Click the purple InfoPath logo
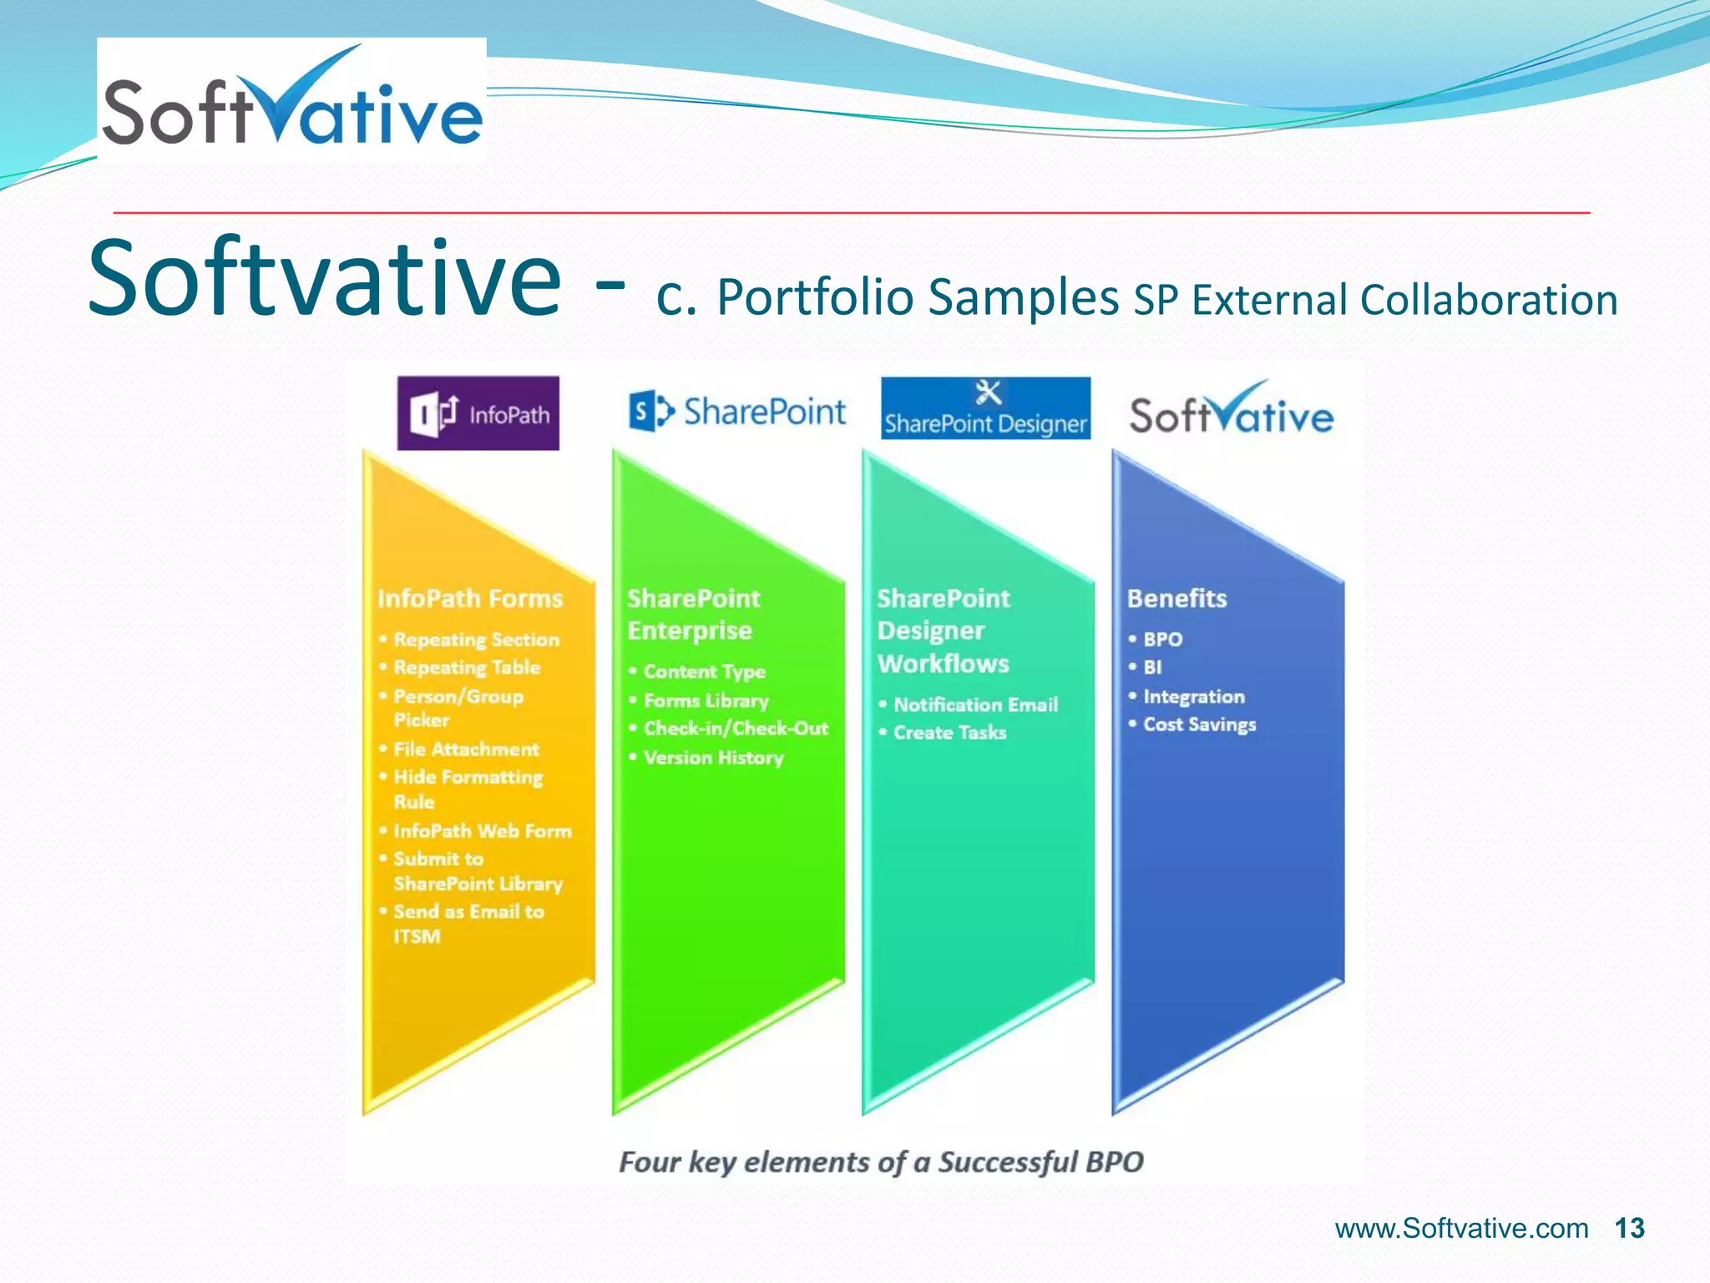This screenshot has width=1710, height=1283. pyautogui.click(x=478, y=413)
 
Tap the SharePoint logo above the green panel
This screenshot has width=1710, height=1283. pyautogui.click(x=736, y=411)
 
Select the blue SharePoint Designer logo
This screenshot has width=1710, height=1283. pyautogui.click(x=985, y=408)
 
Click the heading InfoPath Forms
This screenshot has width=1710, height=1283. pyautogui.click(x=469, y=599)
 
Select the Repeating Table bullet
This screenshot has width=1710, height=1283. pyautogui.click(x=467, y=667)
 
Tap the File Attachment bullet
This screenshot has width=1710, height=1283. pyautogui.click(x=466, y=749)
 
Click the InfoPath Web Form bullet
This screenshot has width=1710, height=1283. pyautogui.click(x=482, y=831)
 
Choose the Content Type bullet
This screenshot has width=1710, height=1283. pyautogui.click(x=704, y=672)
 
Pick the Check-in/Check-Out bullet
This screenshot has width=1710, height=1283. pyautogui.click(x=735, y=728)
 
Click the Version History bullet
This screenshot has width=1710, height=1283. pyautogui.click(x=713, y=758)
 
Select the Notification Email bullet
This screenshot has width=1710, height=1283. pyautogui.click(x=974, y=705)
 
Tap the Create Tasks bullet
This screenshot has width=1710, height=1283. pyautogui.click(x=949, y=733)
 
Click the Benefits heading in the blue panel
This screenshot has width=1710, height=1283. pyautogui.click(x=1176, y=599)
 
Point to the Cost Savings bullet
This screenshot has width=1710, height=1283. pyautogui.click(x=1199, y=725)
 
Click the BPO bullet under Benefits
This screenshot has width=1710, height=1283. pyautogui.click(x=1162, y=640)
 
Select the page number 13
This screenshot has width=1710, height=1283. pyautogui.click(x=1629, y=1228)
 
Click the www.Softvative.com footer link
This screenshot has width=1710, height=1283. pyautogui.click(x=1461, y=1228)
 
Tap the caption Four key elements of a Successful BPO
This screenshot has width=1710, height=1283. pyautogui.click(x=881, y=1162)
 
